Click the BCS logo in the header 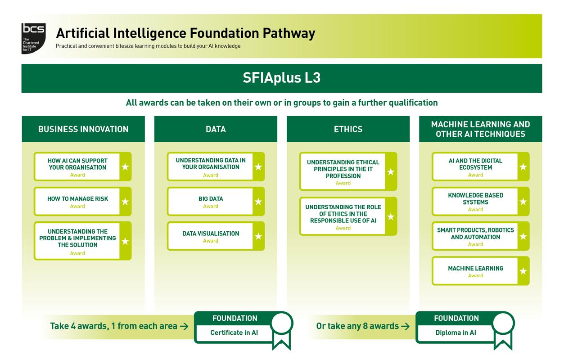[34, 38]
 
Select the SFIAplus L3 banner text [281, 78]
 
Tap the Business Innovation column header [83, 129]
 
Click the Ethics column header [348, 129]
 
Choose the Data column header [216, 129]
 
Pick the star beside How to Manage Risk [125, 202]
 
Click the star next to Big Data [258, 202]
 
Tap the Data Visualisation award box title [211, 234]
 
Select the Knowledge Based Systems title [475, 198]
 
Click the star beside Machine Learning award [523, 271]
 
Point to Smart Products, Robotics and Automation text [475, 233]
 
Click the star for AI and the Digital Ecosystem [523, 167]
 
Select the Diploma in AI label [456, 333]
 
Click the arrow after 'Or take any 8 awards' [405, 326]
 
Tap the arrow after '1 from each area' [184, 326]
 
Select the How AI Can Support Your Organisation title [77, 164]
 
